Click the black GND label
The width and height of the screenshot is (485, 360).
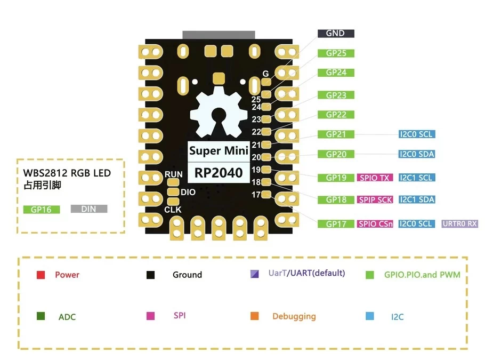coord(336,33)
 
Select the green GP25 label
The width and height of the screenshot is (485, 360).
coord(336,53)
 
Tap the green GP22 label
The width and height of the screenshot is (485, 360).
coord(336,115)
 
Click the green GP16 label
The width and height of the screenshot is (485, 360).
coord(41,210)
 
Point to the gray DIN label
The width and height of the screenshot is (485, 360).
coord(89,209)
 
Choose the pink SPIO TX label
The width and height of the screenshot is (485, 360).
coord(375,178)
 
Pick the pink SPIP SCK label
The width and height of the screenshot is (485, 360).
coord(375,199)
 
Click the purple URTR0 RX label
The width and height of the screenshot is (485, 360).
coord(459,224)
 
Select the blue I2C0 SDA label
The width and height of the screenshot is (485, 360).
coord(417,154)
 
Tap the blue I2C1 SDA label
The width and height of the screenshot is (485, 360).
coord(417,199)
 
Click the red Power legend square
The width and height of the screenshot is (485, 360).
coord(41,275)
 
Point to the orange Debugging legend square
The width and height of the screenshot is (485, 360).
coord(254,316)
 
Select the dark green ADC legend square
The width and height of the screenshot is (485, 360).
coord(41,316)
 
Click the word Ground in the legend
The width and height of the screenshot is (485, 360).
coord(187,275)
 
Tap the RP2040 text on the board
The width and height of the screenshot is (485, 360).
coord(219,173)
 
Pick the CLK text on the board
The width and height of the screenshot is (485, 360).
coord(173,210)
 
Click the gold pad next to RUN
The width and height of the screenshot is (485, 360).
coord(173,182)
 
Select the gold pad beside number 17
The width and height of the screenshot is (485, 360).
coord(267,195)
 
